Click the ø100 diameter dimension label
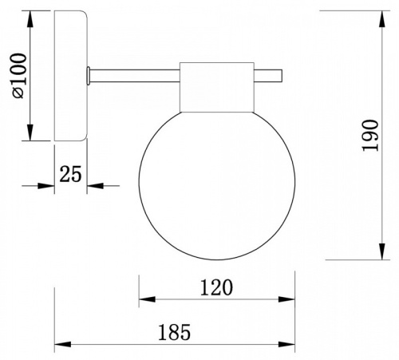[19, 76]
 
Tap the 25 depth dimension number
[70, 174]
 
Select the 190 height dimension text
[370, 136]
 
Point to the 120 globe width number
[216, 287]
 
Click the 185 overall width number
[175, 332]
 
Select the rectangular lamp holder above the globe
[217, 87]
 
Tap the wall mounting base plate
[71, 76]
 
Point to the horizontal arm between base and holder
[135, 76]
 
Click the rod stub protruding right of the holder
[268, 76]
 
